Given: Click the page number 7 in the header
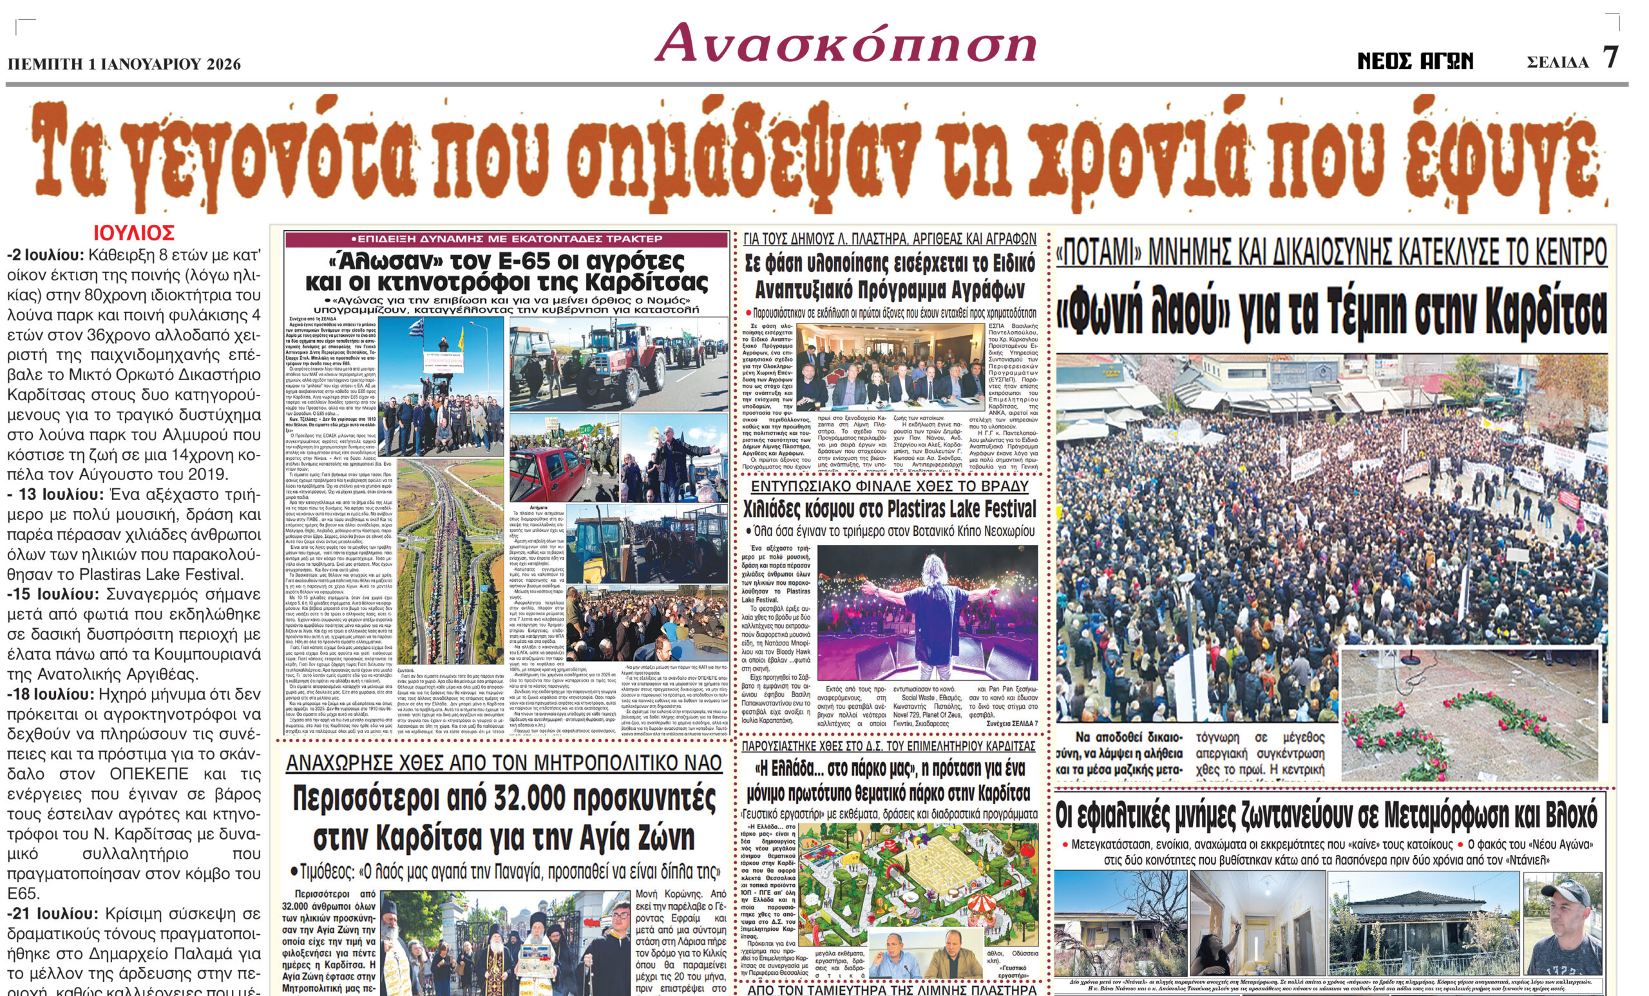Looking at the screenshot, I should click(x=1610, y=57).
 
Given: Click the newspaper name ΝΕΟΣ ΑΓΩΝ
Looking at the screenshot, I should click(x=1415, y=62).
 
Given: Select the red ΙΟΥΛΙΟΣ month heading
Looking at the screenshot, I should click(x=134, y=233).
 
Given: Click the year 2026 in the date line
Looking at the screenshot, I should click(x=224, y=64).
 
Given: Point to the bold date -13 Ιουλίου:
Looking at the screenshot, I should click(x=56, y=495).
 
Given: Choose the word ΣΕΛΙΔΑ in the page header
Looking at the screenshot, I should click(x=1558, y=63).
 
